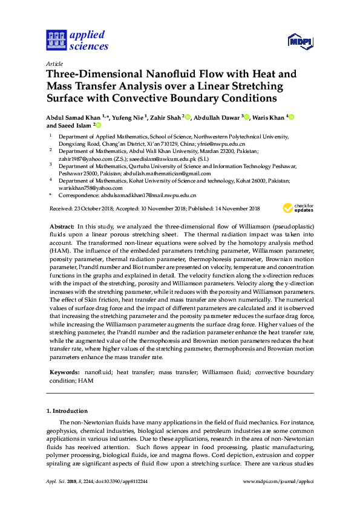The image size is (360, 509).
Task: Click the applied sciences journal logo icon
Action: tap(56, 41)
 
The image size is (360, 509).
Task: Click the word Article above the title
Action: tap(54, 63)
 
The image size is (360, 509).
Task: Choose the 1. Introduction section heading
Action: tap(67, 411)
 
